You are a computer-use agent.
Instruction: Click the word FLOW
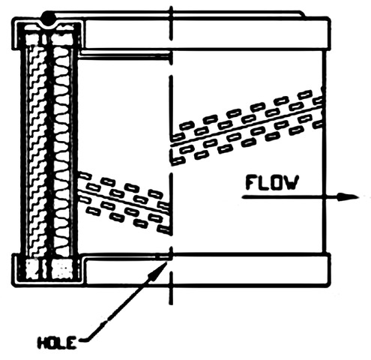tap(272, 183)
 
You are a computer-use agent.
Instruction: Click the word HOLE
tap(57, 343)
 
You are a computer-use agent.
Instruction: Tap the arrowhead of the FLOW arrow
tap(349, 196)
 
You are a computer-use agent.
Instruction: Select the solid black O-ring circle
tap(49, 18)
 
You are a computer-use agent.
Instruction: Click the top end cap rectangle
tap(205, 34)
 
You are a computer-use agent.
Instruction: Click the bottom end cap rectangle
tap(206, 271)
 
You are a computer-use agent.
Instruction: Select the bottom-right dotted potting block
tap(62, 269)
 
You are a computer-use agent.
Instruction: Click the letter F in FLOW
tap(251, 183)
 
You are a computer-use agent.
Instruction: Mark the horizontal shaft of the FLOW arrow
tap(291, 197)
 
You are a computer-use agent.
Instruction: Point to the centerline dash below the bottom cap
tap(171, 289)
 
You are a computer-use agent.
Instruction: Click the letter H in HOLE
tap(42, 343)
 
